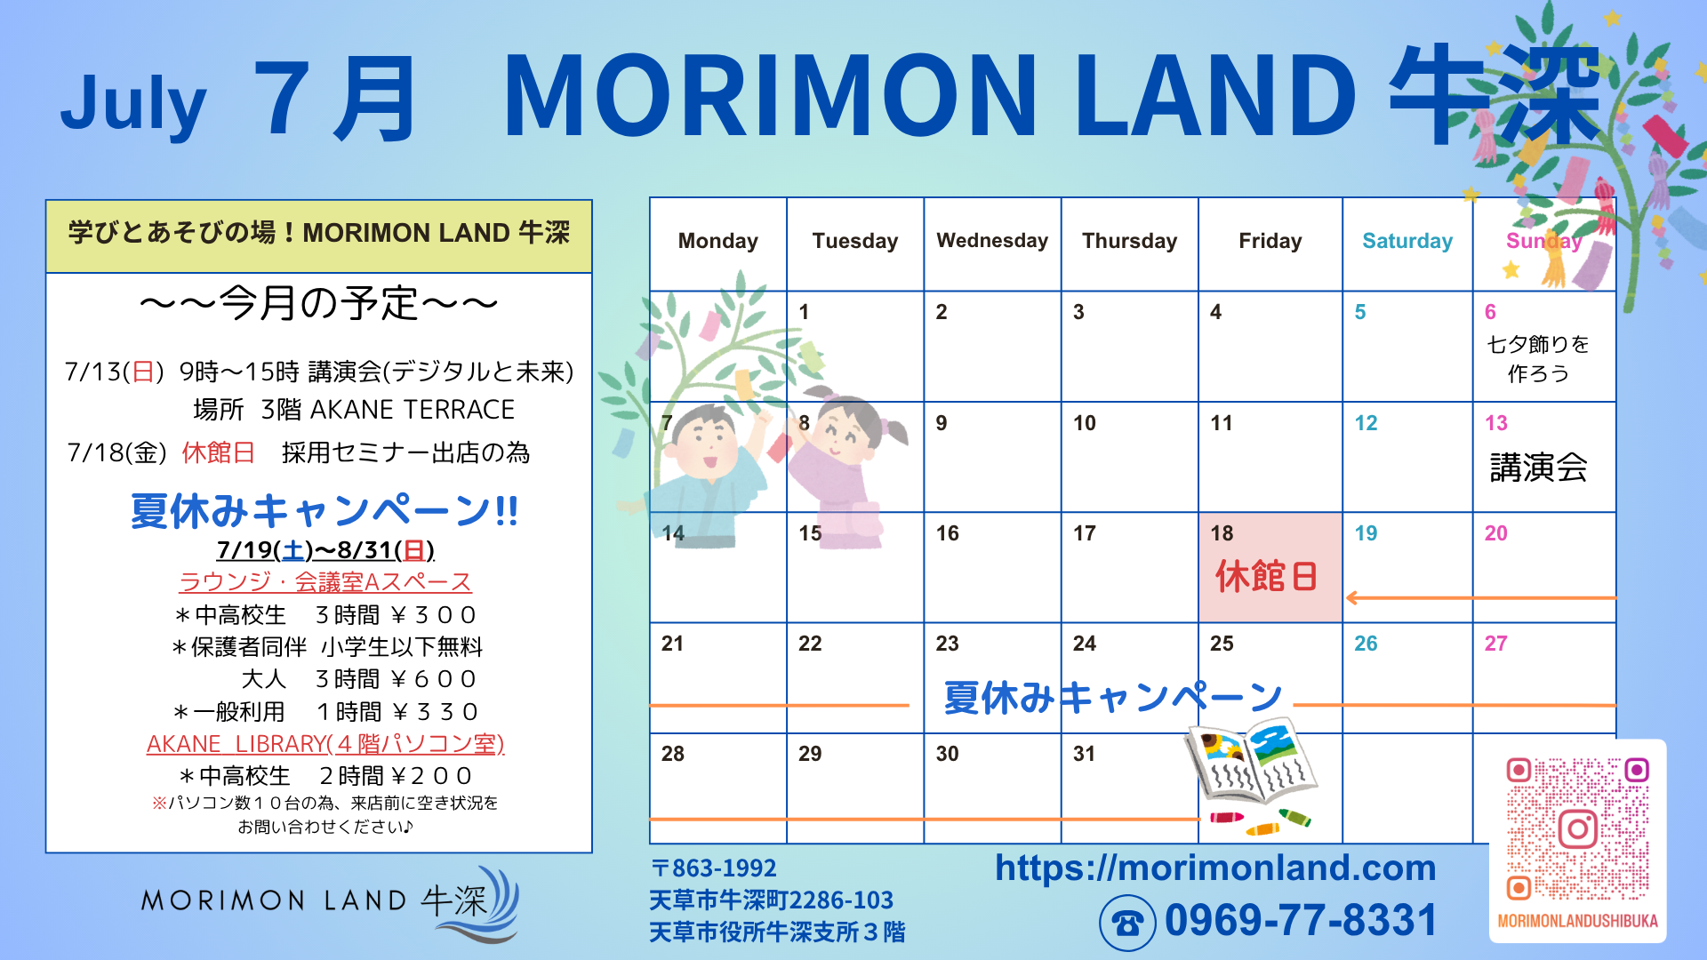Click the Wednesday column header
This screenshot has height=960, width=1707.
pos(992,241)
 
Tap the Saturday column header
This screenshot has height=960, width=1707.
pos(1407,241)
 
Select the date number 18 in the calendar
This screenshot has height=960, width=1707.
pos(1222,533)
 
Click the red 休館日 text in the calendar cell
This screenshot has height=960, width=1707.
pos(1266,576)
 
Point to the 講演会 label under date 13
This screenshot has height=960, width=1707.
pos(1538,467)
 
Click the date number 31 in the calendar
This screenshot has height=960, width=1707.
pos(1084,754)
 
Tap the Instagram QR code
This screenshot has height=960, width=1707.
pos(1577,828)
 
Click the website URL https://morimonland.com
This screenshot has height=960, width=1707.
pos(1215,868)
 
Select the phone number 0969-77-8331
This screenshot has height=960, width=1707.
pos(1301,920)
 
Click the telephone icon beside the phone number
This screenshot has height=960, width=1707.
pos(1127,924)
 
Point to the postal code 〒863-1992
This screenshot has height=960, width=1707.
pos(714,868)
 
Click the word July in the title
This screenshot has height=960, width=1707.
pos(133,103)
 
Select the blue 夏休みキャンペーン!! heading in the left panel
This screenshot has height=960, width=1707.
pos(325,511)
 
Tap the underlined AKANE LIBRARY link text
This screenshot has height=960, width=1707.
pos(325,743)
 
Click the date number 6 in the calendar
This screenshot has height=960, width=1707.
pos(1490,312)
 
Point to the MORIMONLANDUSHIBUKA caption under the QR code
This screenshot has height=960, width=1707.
pos(1577,921)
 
